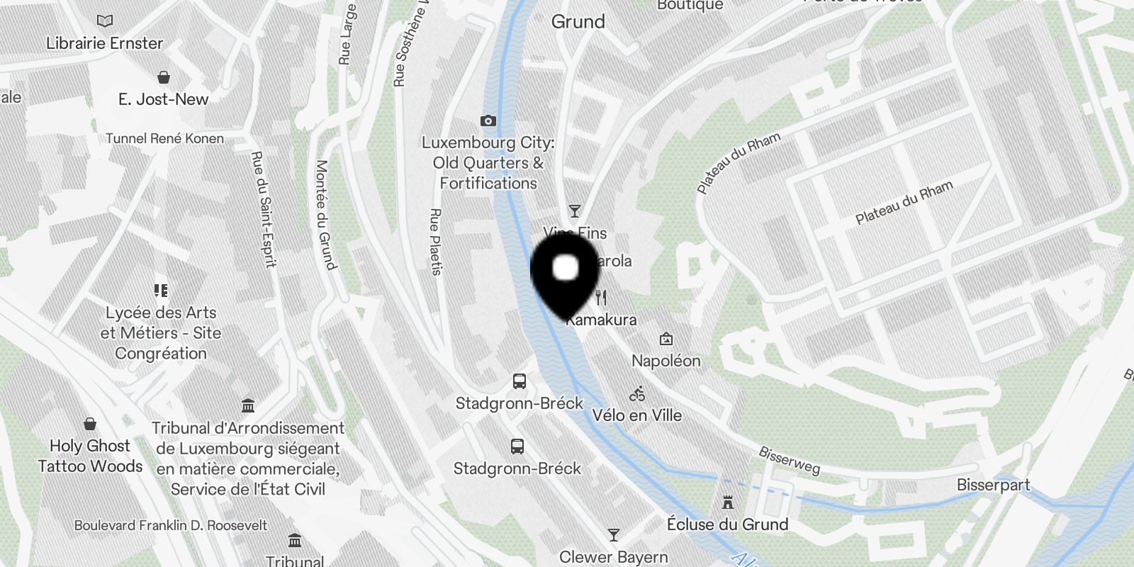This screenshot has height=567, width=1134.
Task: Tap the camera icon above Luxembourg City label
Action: [488, 120]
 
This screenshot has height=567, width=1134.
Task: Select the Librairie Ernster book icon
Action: [105, 21]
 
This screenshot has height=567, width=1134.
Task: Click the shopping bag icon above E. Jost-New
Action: [164, 77]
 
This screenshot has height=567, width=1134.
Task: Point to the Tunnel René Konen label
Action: [164, 138]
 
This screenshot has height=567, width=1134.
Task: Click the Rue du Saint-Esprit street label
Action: [263, 209]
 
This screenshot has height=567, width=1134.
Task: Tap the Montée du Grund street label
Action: [325, 215]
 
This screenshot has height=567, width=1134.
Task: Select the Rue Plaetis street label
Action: [436, 241]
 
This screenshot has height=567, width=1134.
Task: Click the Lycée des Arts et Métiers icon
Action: [161, 291]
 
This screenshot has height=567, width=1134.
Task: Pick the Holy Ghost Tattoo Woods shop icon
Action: [90, 424]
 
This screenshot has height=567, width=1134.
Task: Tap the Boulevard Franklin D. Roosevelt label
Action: [171, 525]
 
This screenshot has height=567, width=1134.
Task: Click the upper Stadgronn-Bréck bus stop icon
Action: [520, 381]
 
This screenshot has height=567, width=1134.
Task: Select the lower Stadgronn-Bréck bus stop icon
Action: [517, 447]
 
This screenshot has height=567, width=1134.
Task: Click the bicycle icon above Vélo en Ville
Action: [637, 393]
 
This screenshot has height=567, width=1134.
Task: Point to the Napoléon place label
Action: [666, 360]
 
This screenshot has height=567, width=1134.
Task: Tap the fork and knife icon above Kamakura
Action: [601, 298]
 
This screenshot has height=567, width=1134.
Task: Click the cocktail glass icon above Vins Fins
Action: [575, 211]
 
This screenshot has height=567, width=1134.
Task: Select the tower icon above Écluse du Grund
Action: [727, 503]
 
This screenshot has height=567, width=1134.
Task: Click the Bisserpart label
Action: [993, 485]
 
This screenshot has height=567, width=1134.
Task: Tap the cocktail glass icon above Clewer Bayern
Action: [614, 535]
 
